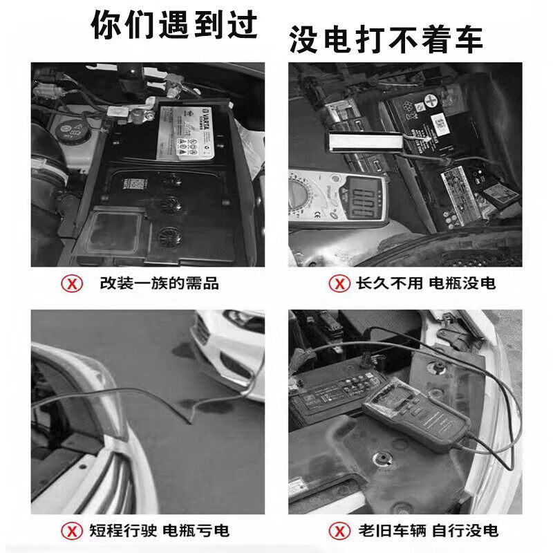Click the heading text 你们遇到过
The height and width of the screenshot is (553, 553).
[x=174, y=26]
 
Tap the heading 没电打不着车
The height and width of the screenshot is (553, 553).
[x=385, y=40]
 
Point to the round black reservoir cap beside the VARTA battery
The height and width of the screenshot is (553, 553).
[x=68, y=128]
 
